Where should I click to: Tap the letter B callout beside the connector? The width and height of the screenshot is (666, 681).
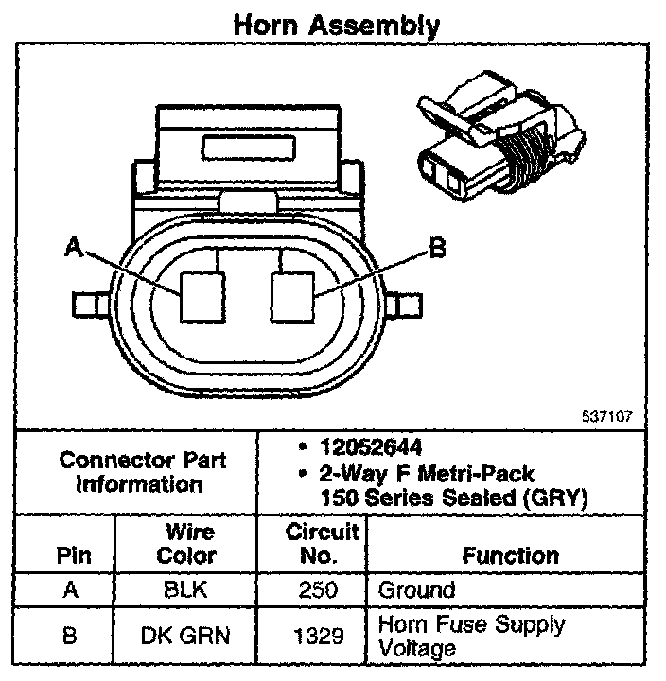pyautogui.click(x=437, y=248)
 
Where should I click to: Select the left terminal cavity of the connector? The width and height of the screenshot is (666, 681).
pyautogui.click(x=203, y=296)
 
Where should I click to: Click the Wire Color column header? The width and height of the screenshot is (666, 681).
pyautogui.click(x=186, y=544)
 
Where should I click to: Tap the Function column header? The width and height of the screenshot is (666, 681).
pyautogui.click(x=509, y=556)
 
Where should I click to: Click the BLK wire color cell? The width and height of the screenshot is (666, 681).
pyautogui.click(x=186, y=590)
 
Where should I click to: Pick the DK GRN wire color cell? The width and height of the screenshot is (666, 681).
pyautogui.click(x=186, y=635)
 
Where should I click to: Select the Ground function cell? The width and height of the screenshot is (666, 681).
pyautogui.click(x=416, y=590)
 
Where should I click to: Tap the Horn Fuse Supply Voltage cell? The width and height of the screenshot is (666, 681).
pyautogui.click(x=471, y=636)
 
